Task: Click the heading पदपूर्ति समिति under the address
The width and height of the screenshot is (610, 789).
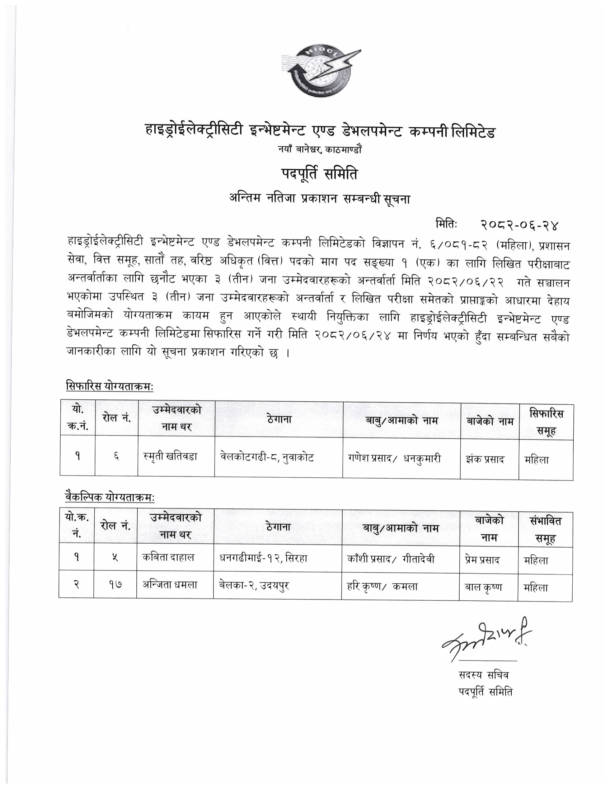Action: click(x=319, y=175)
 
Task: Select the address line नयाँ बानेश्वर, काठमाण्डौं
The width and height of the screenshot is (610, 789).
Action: click(x=319, y=149)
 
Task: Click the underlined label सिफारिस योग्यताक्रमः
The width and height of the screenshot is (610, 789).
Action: click(x=110, y=386)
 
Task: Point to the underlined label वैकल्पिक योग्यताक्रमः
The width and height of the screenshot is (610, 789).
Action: click(x=110, y=497)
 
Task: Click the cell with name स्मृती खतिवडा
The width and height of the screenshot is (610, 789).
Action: click(x=170, y=457)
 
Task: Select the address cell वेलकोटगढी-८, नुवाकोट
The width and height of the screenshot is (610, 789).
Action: click(x=267, y=458)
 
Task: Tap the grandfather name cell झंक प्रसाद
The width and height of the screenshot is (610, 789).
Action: click(x=485, y=459)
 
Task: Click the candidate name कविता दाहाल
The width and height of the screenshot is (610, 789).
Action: click(x=168, y=557)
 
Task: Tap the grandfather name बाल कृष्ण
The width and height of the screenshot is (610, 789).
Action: click(x=483, y=587)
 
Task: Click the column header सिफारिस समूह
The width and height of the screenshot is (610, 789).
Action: click(x=546, y=422)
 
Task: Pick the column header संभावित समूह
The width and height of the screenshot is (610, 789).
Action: click(x=545, y=529)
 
